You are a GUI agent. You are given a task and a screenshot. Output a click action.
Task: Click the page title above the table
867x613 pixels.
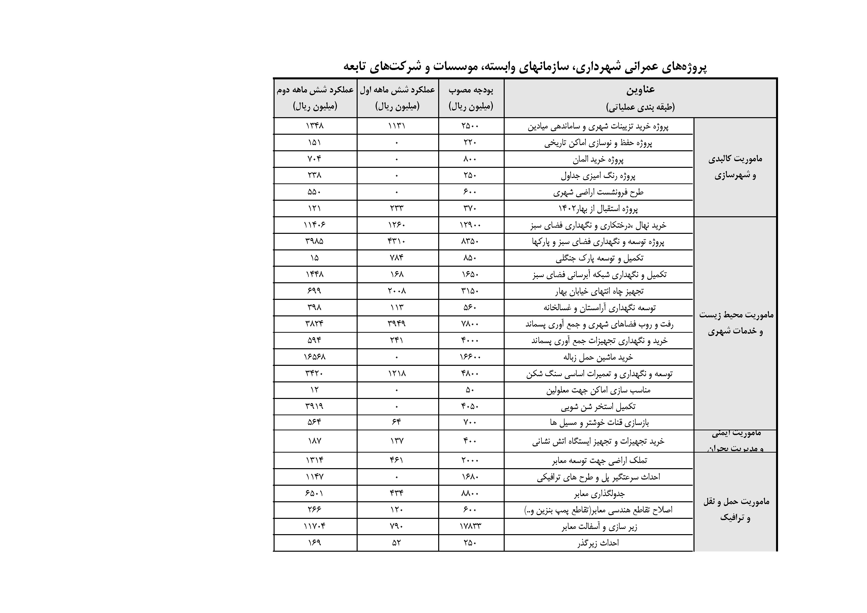pyautogui.click(x=525, y=67)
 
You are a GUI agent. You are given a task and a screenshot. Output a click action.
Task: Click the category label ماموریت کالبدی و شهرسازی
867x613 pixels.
pyautogui.click(x=735, y=167)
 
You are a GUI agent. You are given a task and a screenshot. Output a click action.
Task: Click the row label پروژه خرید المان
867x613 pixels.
pyautogui.click(x=598, y=160)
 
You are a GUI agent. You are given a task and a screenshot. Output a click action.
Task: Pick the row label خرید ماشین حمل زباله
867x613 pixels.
pyautogui.click(x=598, y=357)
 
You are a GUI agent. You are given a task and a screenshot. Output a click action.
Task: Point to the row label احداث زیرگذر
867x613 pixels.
pyautogui.click(x=598, y=543)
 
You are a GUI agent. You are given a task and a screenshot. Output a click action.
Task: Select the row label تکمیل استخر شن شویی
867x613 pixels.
pyautogui.click(x=598, y=406)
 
